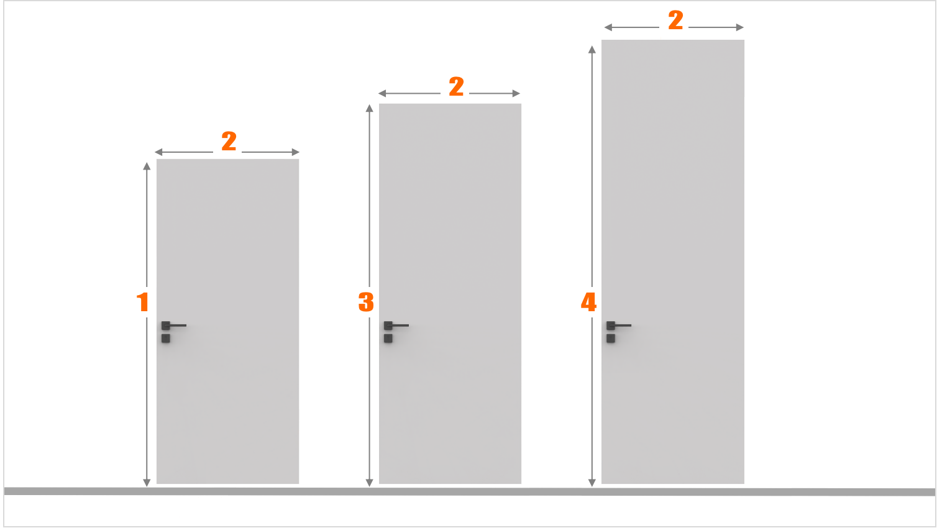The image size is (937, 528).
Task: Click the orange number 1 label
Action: [x=143, y=302]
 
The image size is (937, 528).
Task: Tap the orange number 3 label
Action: [x=366, y=302]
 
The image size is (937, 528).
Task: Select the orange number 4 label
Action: [x=588, y=302]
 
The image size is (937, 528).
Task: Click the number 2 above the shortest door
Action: [x=229, y=141]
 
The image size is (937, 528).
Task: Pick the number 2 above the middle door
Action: [x=456, y=86]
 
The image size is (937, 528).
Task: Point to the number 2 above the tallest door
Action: [x=675, y=20]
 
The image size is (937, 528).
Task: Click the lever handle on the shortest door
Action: [x=173, y=325]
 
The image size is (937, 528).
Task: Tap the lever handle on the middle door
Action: [x=396, y=325]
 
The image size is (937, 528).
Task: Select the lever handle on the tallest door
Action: [x=619, y=325]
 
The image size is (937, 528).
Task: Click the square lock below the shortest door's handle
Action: [x=166, y=338]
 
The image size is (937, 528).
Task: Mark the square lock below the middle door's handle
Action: [x=388, y=338]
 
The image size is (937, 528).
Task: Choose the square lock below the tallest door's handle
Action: [x=611, y=338]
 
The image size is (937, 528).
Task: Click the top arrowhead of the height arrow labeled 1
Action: [x=147, y=166]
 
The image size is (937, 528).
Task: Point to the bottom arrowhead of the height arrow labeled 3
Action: [x=369, y=483]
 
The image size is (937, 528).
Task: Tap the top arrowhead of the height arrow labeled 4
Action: [x=592, y=49]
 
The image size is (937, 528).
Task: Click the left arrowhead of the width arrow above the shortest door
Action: [x=158, y=152]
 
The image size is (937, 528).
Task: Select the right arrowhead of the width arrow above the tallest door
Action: [x=740, y=27]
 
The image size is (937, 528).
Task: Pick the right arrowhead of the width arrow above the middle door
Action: [x=516, y=93]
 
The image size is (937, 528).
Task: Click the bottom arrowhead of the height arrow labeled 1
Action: [x=147, y=483]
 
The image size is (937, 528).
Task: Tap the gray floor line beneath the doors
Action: [x=469, y=491]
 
